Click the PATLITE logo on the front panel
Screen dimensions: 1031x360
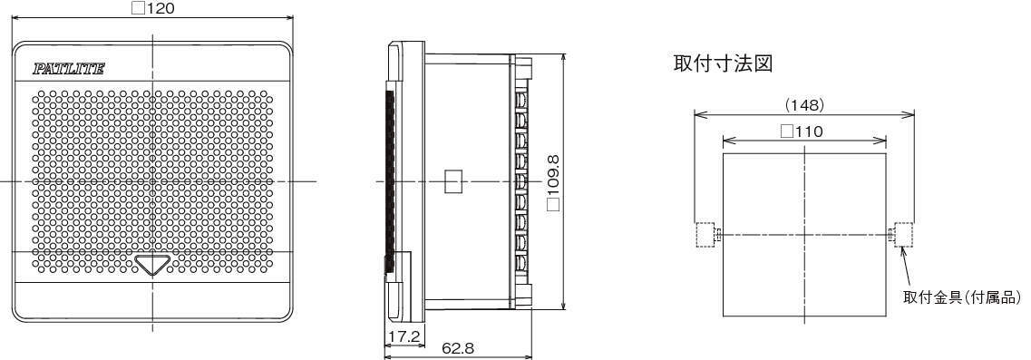point(68,69)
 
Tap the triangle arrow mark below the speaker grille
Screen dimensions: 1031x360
point(152,265)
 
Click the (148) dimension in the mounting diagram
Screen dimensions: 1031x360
point(805,104)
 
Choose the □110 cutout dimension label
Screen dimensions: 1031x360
point(802,131)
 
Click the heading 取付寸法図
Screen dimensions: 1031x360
point(723,63)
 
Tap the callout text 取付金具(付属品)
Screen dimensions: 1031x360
point(963,297)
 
